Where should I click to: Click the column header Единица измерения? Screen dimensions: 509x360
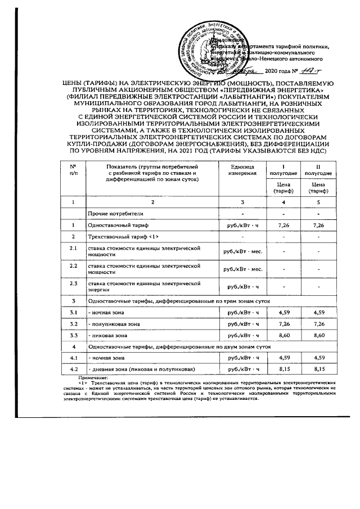(244, 170)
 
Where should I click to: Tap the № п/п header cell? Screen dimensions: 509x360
(73, 170)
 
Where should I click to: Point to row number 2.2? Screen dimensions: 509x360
(73, 266)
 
